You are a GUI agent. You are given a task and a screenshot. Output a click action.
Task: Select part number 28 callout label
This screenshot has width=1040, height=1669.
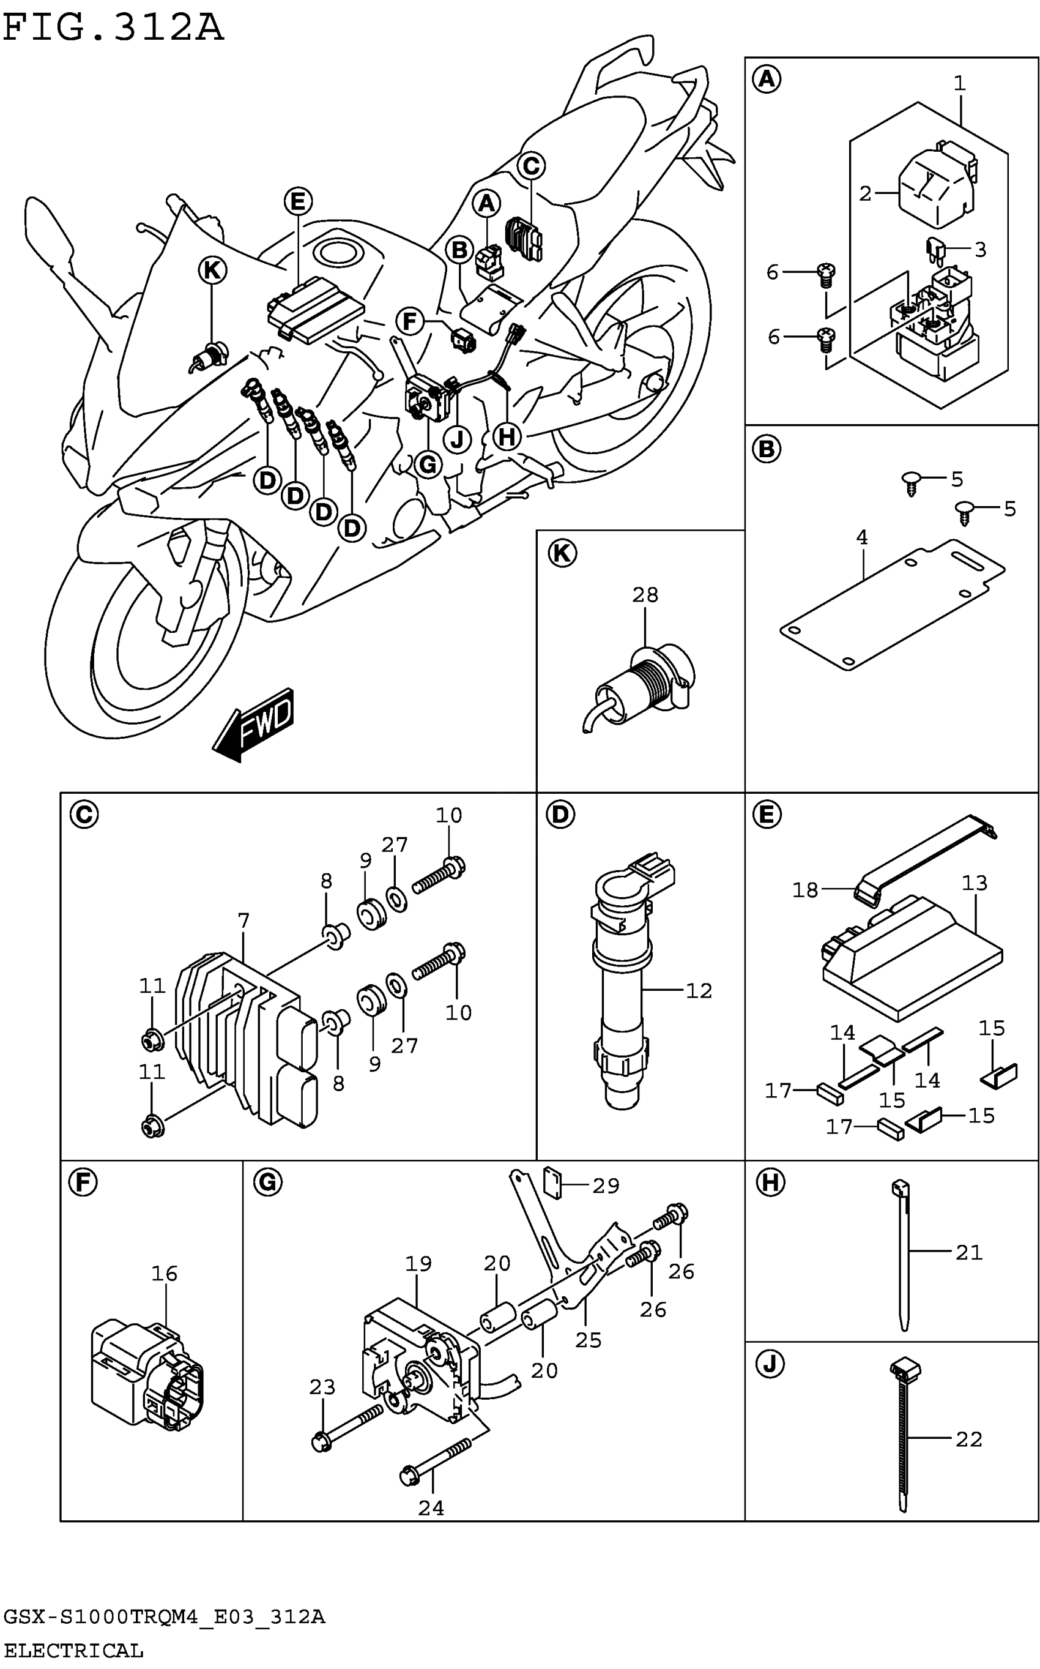645,594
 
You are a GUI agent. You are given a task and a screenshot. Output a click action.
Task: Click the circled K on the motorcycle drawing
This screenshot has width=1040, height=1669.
212,271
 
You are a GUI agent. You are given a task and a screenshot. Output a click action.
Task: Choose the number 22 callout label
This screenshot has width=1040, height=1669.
968,1439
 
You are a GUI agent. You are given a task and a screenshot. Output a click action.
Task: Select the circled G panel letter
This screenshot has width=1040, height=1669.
267,1182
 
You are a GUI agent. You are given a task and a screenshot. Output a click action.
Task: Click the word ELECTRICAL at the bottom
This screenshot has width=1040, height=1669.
73,1651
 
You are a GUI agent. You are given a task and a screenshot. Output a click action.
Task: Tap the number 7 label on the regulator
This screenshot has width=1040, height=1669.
243,920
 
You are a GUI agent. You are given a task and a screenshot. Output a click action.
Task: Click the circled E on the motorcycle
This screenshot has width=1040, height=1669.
298,201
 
